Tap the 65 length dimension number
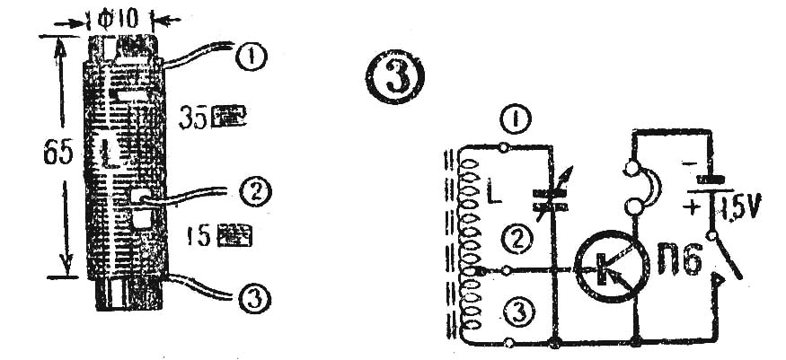[x=57, y=156]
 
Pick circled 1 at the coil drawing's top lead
[x=250, y=56]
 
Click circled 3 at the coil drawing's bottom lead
[x=252, y=294]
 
